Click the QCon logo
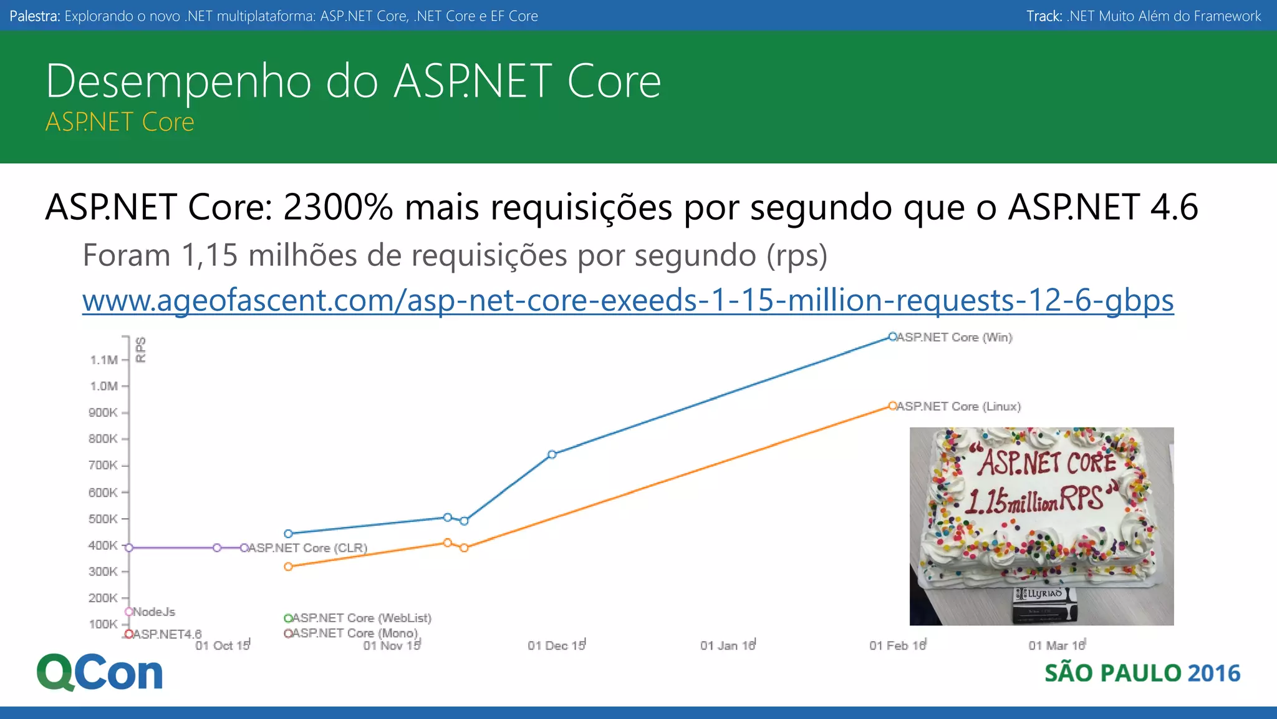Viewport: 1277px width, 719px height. (x=100, y=672)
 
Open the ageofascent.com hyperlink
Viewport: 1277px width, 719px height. (x=628, y=300)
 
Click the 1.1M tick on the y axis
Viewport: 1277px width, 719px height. (x=104, y=359)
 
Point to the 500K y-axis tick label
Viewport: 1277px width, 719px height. (x=103, y=519)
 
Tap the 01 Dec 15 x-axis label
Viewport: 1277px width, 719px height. (x=556, y=645)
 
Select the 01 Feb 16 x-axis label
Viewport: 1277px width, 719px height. (x=897, y=645)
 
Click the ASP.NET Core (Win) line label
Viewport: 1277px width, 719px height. (x=954, y=337)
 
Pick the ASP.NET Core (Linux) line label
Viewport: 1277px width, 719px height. (x=958, y=406)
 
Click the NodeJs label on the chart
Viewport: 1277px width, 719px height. (x=154, y=612)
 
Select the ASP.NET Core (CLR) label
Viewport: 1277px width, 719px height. (x=307, y=548)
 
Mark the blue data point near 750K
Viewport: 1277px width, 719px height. (x=552, y=454)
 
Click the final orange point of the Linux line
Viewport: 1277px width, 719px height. (x=892, y=406)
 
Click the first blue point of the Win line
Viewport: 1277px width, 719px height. (x=288, y=534)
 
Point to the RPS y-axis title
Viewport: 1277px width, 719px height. (x=141, y=350)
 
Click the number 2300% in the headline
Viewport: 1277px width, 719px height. (x=338, y=207)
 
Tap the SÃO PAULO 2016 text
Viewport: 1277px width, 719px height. (x=1142, y=673)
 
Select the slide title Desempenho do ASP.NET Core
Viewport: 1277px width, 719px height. (x=354, y=81)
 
